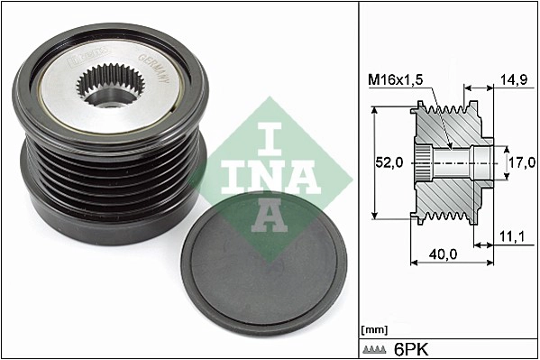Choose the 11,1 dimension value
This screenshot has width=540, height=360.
tap(511, 236)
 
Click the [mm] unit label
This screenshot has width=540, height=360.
tap(372, 329)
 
